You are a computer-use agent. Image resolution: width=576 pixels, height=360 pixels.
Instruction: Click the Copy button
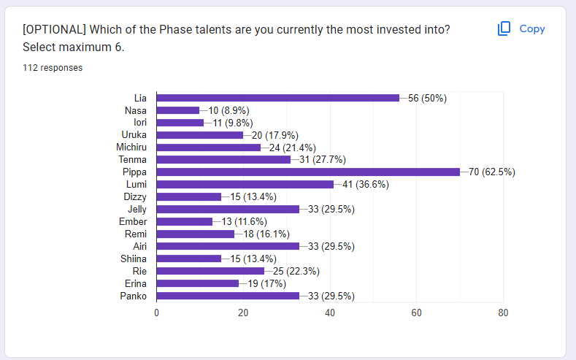tap(521, 29)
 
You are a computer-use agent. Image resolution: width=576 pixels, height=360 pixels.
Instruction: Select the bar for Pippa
tap(308, 172)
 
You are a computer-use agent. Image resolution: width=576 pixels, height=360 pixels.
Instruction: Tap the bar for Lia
tap(277, 98)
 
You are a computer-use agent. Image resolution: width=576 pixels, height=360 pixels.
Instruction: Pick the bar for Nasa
tap(178, 110)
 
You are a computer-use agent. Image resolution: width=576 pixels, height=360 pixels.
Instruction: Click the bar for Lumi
tap(245, 184)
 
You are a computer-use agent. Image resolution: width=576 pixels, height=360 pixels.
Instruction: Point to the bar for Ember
tap(185, 221)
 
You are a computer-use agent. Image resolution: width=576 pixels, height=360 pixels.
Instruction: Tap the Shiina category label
tap(133, 258)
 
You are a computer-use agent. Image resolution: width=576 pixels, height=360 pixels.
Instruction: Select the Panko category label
tap(134, 296)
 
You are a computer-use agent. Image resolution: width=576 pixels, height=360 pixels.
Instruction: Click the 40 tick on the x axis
tap(330, 313)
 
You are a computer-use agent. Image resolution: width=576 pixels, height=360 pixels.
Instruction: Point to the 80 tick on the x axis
tap(503, 313)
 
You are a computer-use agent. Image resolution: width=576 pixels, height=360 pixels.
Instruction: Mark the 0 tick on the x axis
tap(157, 313)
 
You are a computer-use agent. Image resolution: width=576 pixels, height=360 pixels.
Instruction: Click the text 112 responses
tap(53, 68)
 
